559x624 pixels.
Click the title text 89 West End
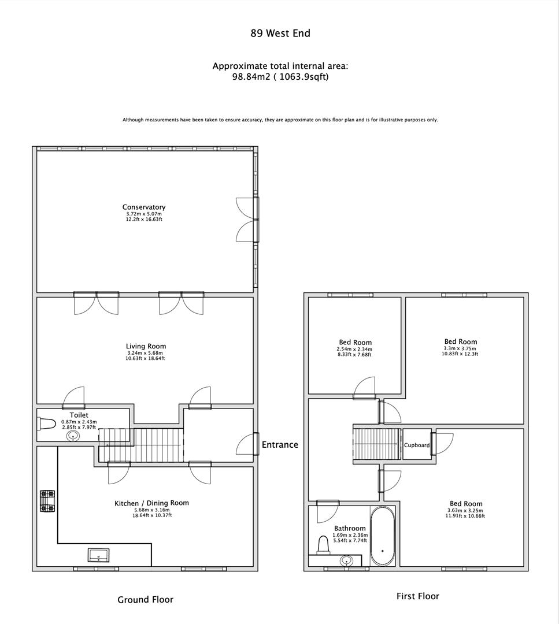tap(280, 33)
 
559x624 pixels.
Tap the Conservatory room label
tap(144, 207)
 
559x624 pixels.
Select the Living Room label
tap(146, 346)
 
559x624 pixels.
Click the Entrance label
tap(280, 444)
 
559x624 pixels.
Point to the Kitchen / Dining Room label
tap(151, 503)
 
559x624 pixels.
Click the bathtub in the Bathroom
tap(382, 536)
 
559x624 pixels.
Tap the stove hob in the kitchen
tap(47, 501)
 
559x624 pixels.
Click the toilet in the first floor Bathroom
tap(324, 544)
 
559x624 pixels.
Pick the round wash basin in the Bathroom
tap(346, 560)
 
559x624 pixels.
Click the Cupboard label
tap(417, 445)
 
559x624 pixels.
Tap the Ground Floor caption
tap(145, 599)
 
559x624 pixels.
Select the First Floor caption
tap(417, 596)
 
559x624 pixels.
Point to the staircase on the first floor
tap(377, 444)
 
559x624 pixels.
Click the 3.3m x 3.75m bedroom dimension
tap(461, 348)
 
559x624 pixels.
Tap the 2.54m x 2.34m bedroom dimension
tap(354, 349)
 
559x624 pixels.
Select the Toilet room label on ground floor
tap(79, 415)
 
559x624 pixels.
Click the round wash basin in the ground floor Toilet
tap(73, 436)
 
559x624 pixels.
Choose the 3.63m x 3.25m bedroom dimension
tap(465, 510)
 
